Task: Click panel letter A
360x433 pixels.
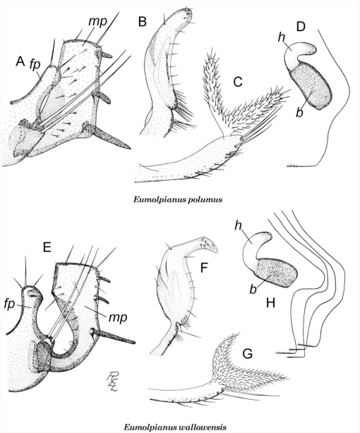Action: pyautogui.click(x=20, y=61)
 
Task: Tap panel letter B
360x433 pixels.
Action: pyautogui.click(x=143, y=21)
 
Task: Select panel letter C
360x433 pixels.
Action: pyautogui.click(x=237, y=82)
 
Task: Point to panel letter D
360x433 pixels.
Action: pyautogui.click(x=301, y=27)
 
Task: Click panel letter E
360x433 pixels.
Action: pyautogui.click(x=47, y=247)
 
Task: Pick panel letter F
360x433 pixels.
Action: pyautogui.click(x=203, y=268)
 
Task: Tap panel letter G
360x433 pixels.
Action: pyautogui.click(x=247, y=354)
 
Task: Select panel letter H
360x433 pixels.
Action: pyautogui.click(x=270, y=304)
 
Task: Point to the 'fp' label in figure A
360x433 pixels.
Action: pyautogui.click(x=35, y=66)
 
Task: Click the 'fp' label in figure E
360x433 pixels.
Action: pyautogui.click(x=9, y=304)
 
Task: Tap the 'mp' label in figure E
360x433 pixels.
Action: pyautogui.click(x=118, y=318)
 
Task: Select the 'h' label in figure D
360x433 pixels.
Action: pyautogui.click(x=282, y=37)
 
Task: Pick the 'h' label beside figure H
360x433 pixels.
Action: pyautogui.click(x=238, y=226)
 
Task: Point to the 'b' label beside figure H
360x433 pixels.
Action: pyautogui.click(x=253, y=290)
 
